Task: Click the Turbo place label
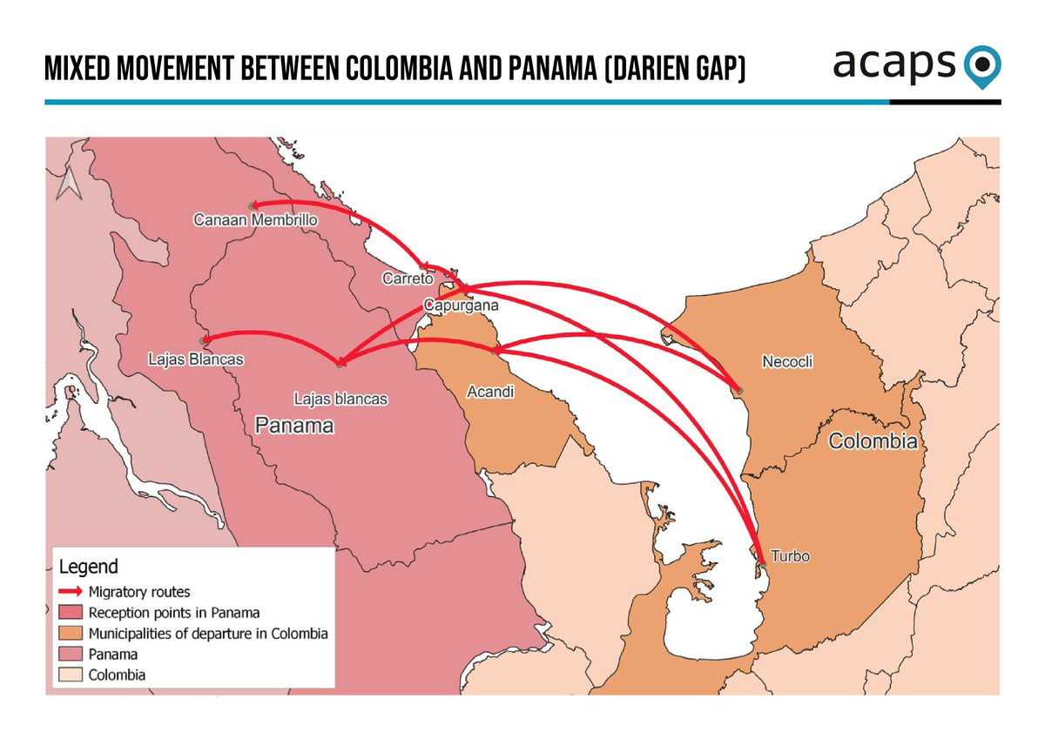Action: pos(791,556)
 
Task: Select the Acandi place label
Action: pos(491,393)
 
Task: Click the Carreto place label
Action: pos(407,279)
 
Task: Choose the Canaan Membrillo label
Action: pos(255,221)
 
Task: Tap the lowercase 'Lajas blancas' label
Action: pos(340,400)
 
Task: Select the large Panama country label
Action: pos(294,426)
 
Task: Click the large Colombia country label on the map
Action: pos(873,441)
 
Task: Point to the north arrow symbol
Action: pos(67,185)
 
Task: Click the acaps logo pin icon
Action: pos(983,65)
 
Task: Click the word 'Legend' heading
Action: pos(89,568)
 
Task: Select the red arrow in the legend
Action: pos(71,592)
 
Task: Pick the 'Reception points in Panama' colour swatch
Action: pos(71,613)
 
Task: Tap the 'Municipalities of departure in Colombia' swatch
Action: pos(71,634)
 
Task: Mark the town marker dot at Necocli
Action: pos(739,391)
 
